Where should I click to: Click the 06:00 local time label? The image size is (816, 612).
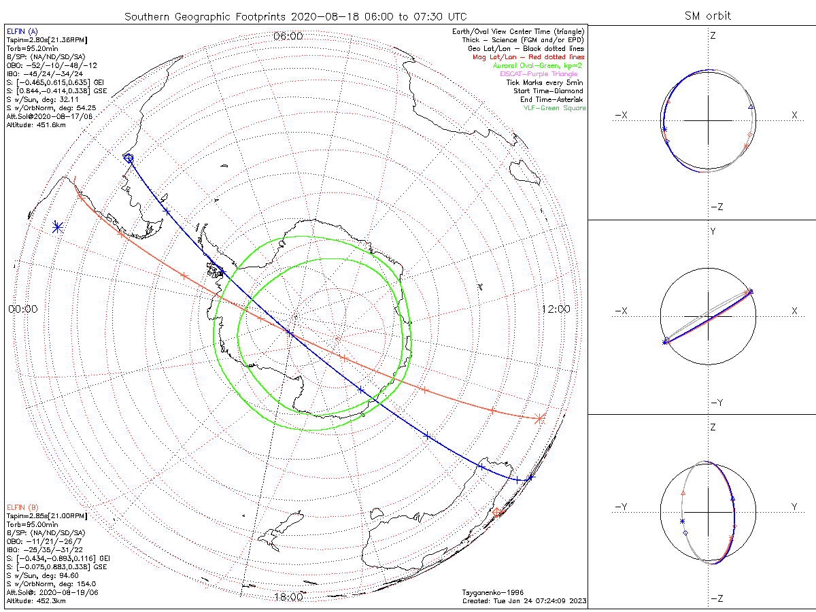click(288, 36)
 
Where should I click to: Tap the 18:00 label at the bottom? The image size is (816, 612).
click(288, 597)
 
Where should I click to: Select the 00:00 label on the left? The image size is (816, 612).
click(23, 309)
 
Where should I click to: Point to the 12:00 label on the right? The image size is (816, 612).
click(556, 309)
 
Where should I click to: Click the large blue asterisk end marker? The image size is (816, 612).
click(57, 227)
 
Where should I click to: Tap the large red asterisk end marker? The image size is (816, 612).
click(539, 419)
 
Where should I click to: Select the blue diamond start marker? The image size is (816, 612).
click(129, 158)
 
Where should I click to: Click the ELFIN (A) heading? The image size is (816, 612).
click(22, 31)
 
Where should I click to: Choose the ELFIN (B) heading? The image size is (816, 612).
click(22, 507)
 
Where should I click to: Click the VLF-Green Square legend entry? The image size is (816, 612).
click(554, 108)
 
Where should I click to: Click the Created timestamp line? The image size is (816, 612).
click(524, 600)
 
